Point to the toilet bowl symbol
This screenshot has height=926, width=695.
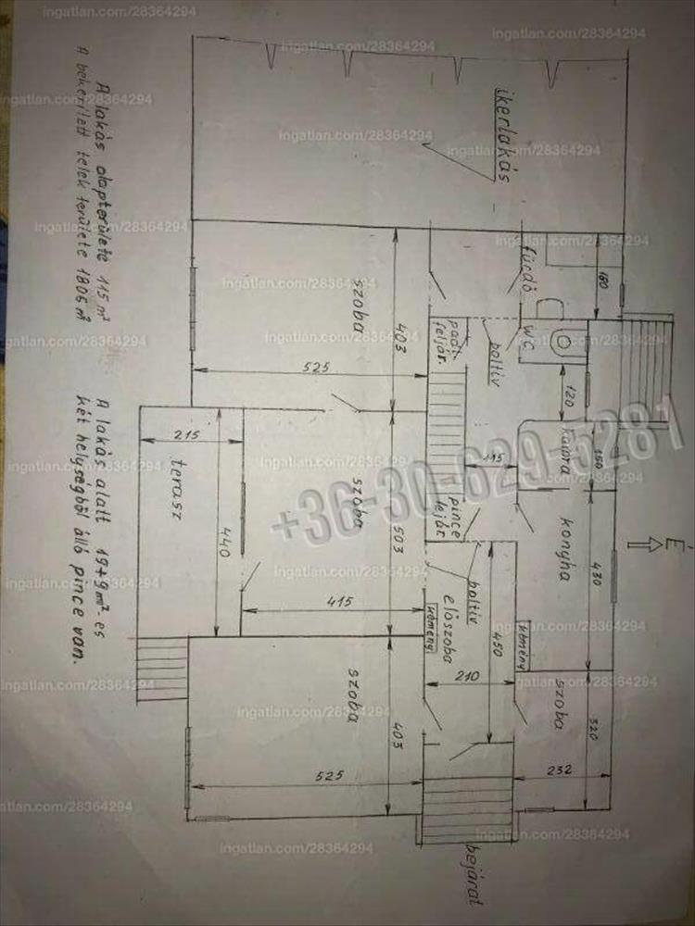pyautogui.click(x=562, y=342)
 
